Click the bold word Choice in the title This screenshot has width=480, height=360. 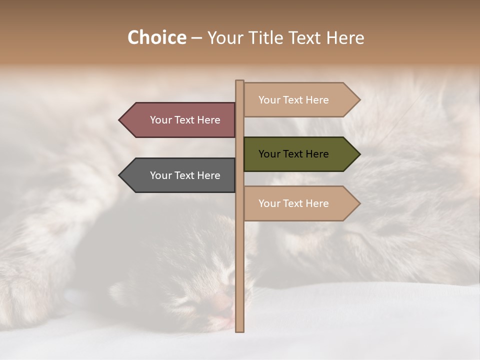[156, 37]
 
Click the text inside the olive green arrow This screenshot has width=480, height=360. [293, 154]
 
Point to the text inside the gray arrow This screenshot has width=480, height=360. [185, 175]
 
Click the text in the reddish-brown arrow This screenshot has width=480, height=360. [185, 120]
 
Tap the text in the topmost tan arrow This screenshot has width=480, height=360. [293, 100]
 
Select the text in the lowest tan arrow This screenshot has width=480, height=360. [293, 203]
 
